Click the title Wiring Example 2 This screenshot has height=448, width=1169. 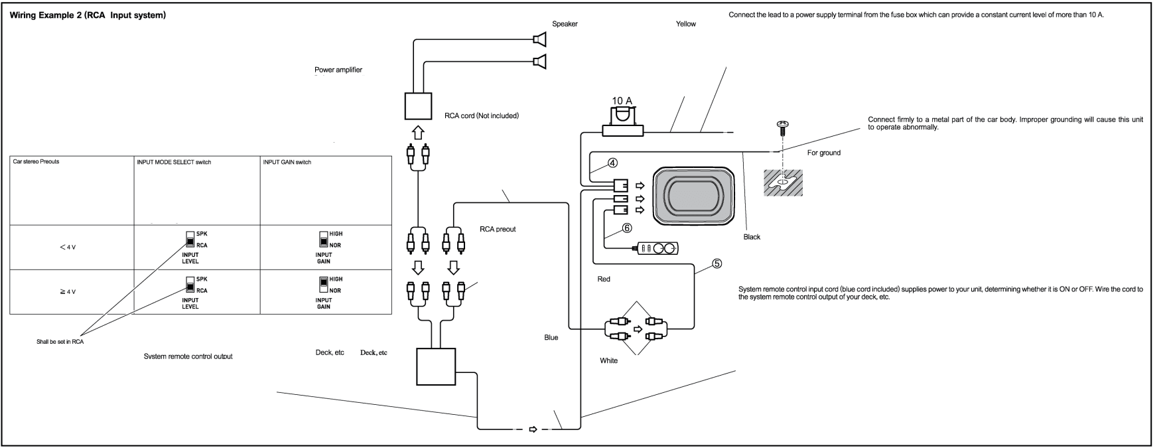click(87, 16)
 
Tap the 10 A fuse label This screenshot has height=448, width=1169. click(622, 100)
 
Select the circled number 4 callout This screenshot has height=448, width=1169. click(613, 163)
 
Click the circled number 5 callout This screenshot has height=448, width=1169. click(717, 263)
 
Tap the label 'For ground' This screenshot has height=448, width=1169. click(823, 153)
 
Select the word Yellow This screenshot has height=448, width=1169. click(685, 24)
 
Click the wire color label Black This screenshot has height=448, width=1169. click(752, 237)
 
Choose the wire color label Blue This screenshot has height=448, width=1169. click(551, 337)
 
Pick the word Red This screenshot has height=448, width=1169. click(603, 279)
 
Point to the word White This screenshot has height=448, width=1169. click(608, 361)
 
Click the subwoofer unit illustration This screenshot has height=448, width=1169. click(693, 196)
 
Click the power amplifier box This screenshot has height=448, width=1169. click(418, 105)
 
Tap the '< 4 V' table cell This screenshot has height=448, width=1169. click(67, 247)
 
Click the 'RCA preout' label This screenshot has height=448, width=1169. click(498, 230)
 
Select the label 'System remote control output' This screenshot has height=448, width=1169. click(188, 356)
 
